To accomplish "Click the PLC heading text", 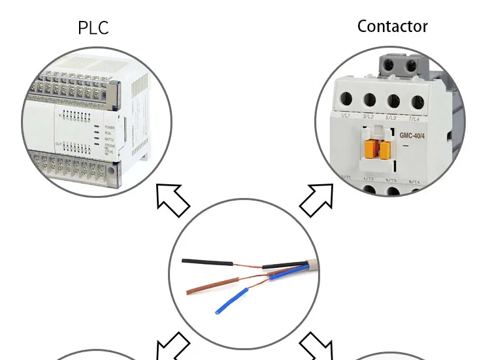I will point(93,28).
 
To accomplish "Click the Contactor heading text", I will point(392,27).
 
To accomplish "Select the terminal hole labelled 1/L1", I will point(346,100).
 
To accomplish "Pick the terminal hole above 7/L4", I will point(415,101).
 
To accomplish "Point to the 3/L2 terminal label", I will point(368,116).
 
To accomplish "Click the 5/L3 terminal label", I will point(391,117).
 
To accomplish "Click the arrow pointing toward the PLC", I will point(172,200).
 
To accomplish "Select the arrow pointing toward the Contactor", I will point(317,199).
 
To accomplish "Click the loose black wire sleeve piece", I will point(207,262).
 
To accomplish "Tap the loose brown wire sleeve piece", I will point(208,286).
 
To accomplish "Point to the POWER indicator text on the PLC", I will point(109,127).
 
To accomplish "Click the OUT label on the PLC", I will point(59,143).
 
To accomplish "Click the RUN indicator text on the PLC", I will point(107,133).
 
